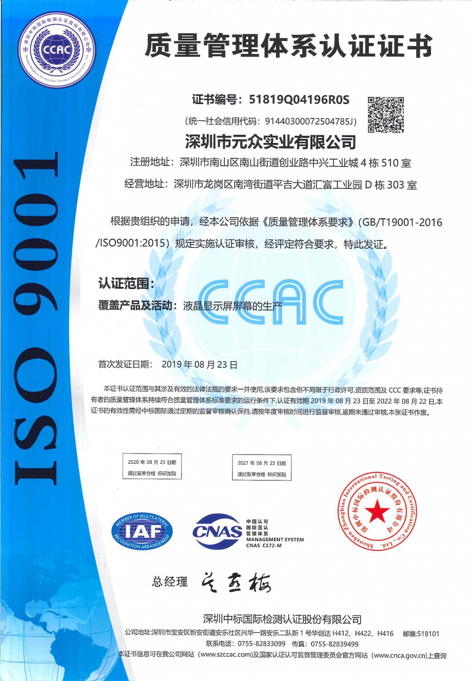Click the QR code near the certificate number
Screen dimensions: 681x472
point(386,114)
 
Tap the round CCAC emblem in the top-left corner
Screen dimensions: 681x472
point(57,50)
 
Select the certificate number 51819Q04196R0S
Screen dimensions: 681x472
point(299,99)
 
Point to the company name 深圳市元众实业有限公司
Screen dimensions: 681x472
point(270,141)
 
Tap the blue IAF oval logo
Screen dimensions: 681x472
point(142,532)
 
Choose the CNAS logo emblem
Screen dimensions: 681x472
point(218,531)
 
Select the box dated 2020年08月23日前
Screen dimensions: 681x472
point(152,467)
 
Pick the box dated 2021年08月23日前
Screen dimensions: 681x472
point(262,468)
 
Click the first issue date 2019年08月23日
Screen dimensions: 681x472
point(200,365)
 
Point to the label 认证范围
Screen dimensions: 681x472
point(126,283)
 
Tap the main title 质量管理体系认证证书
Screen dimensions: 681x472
point(288,47)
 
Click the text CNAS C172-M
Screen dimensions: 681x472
point(264,546)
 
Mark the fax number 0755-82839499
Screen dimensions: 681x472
point(335,644)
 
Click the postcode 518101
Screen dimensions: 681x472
point(428,633)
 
